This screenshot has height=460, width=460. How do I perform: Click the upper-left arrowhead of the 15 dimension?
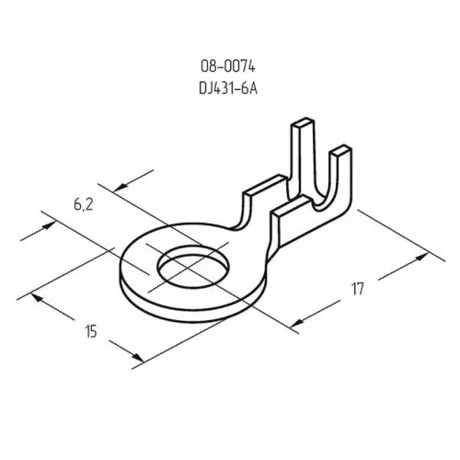pos(36,296)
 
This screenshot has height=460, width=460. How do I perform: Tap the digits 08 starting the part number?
pos(206,66)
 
